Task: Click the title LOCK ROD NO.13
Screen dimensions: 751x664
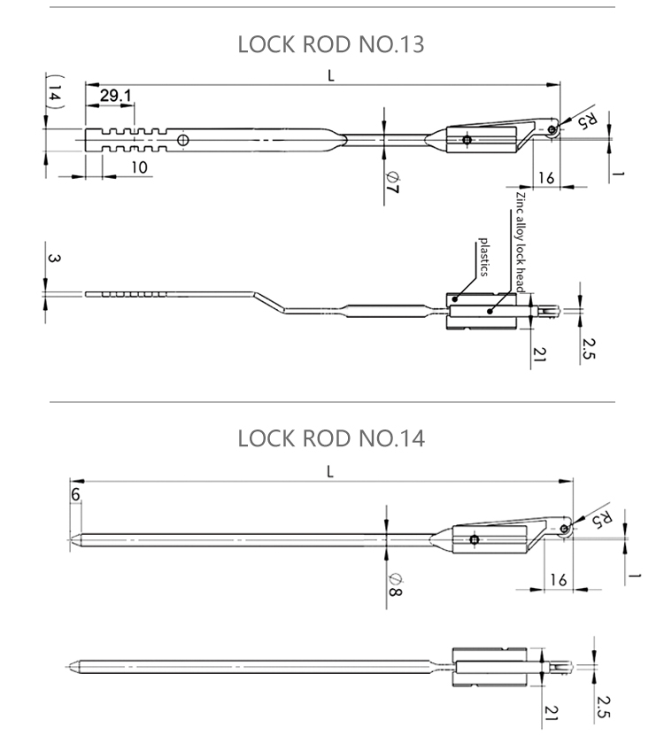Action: pyautogui.click(x=331, y=44)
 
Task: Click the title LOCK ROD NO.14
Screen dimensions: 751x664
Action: pyautogui.click(x=331, y=437)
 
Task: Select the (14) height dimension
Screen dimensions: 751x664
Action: pyautogui.click(x=54, y=94)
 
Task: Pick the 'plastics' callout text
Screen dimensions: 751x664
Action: pyautogui.click(x=484, y=257)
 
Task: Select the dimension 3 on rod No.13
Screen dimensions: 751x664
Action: pyautogui.click(x=54, y=259)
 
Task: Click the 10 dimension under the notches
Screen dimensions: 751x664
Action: pyautogui.click(x=141, y=166)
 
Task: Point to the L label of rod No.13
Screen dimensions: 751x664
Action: pyautogui.click(x=331, y=76)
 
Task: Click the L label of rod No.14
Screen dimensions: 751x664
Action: pyautogui.click(x=330, y=471)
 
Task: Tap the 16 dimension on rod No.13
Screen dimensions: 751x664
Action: pyautogui.click(x=545, y=178)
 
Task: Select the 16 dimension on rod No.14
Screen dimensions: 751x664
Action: pyautogui.click(x=558, y=579)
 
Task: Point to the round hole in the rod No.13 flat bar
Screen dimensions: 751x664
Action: pyautogui.click(x=182, y=140)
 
